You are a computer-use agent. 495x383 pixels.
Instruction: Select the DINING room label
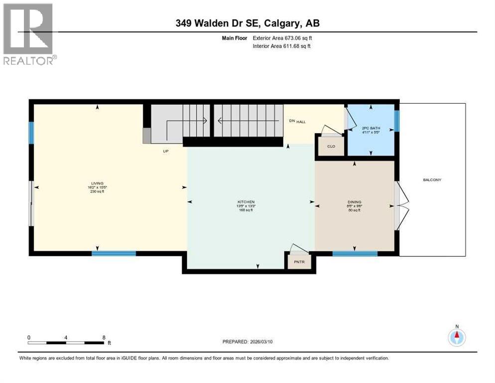tap(355, 202)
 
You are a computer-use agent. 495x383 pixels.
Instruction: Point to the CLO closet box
tap(331, 147)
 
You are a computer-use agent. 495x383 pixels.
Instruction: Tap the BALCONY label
tap(432, 180)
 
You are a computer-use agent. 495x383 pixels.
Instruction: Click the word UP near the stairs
tap(166, 151)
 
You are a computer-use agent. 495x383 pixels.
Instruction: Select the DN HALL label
tap(298, 121)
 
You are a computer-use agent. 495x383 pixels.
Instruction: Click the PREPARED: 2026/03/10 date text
tap(247, 342)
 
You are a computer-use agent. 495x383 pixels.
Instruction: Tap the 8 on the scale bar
tap(104, 337)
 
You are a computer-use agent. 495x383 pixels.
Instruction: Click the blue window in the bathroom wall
tap(397, 121)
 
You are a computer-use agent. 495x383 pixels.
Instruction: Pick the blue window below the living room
tap(114, 253)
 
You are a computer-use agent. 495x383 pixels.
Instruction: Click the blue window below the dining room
tap(355, 253)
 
